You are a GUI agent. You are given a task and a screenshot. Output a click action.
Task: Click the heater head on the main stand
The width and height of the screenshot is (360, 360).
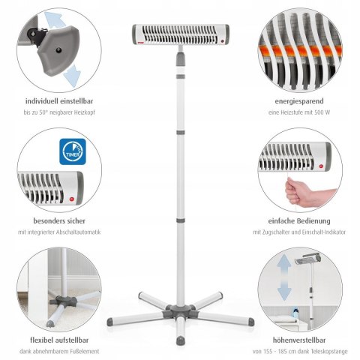click(x=180, y=34)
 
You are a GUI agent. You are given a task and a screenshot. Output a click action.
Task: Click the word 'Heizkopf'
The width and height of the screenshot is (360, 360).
click(x=94, y=112)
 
